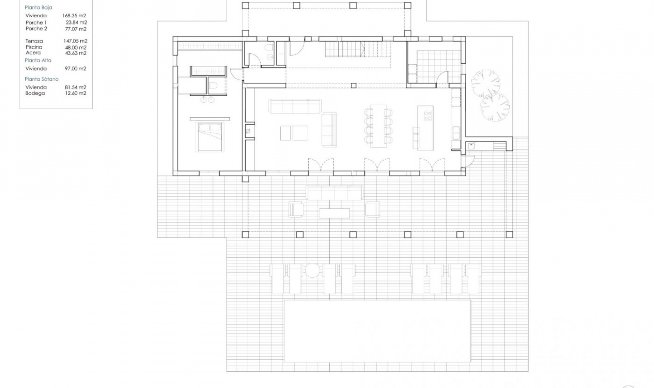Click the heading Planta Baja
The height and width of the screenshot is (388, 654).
[38, 7]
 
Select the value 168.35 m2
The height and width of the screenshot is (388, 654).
[74, 16]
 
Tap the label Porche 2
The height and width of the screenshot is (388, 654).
[36, 29]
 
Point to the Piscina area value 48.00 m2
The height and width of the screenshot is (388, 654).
[76, 48]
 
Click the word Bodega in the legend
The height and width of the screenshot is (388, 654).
[35, 93]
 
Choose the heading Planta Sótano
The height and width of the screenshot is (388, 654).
[42, 79]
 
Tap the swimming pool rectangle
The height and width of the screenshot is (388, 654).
[377, 331]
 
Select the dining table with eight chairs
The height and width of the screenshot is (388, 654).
[378, 126]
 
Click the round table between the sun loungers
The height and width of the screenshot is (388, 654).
[312, 270]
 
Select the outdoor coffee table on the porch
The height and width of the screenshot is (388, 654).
[334, 213]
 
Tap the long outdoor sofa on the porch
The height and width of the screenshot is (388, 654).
[334, 193]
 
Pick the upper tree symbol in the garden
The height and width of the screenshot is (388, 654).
[485, 83]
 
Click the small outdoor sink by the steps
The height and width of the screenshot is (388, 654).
[471, 146]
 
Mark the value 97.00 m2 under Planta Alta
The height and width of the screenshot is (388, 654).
[76, 69]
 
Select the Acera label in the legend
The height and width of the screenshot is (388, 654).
[33, 53]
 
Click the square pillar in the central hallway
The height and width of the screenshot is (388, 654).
[354, 86]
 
